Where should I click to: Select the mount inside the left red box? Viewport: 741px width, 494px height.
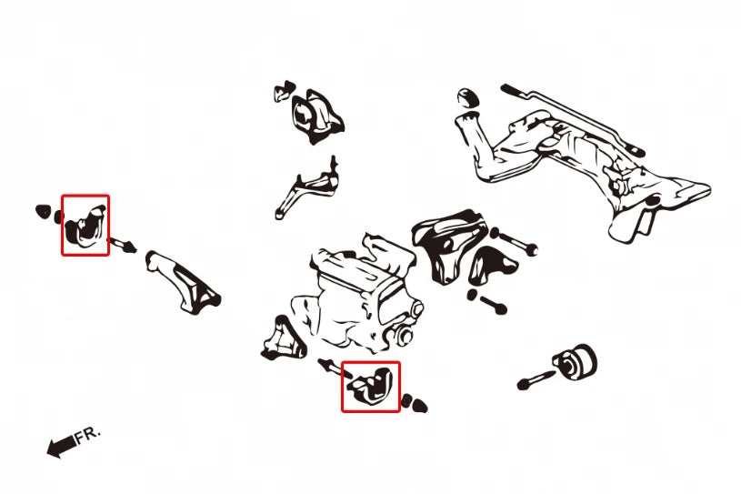(85, 225)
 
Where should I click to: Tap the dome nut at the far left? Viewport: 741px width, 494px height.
(43, 211)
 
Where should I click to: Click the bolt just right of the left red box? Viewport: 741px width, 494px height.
(123, 246)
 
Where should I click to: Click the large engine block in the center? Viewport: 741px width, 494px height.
(359, 296)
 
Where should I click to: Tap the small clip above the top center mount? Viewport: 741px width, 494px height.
(285, 91)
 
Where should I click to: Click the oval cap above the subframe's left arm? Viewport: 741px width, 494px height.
(468, 97)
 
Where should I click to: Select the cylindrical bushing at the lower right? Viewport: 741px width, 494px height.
(576, 362)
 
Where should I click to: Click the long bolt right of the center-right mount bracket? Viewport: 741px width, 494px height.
(514, 240)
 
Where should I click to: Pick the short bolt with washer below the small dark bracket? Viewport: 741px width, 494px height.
(486, 301)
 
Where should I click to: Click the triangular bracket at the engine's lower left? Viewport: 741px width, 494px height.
(283, 339)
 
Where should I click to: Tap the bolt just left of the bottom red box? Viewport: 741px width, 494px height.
(334, 368)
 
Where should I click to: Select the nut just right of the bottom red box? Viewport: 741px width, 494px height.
(415, 404)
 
